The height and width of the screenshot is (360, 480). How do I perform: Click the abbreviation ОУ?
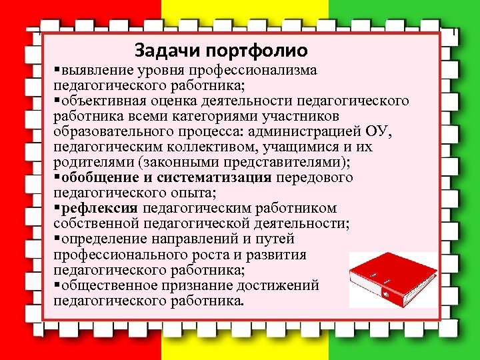[x=384, y=131]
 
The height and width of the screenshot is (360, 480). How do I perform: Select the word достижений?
[x=281, y=285]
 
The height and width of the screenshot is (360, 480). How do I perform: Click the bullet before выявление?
[x=57, y=71]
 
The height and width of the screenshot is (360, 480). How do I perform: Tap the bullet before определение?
[x=57, y=239]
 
